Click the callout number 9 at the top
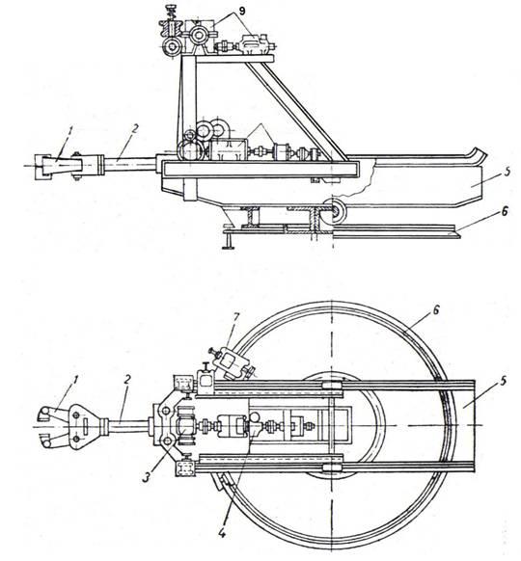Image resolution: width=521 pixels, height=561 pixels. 242,11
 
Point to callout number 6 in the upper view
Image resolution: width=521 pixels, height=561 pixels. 505,212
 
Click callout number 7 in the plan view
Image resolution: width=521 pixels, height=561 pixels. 235,318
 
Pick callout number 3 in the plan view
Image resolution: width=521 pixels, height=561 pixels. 146,478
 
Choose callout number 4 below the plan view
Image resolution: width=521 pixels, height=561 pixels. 222,533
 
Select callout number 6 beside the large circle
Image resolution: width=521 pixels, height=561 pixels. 435,310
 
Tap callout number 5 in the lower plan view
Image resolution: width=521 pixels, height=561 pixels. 503,382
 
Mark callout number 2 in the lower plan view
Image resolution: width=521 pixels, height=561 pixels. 127,380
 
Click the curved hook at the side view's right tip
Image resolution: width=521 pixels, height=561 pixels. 478,154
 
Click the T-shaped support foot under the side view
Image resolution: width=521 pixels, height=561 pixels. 229,240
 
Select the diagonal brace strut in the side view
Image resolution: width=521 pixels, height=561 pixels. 297,110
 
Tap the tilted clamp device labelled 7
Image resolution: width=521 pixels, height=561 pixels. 233,363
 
